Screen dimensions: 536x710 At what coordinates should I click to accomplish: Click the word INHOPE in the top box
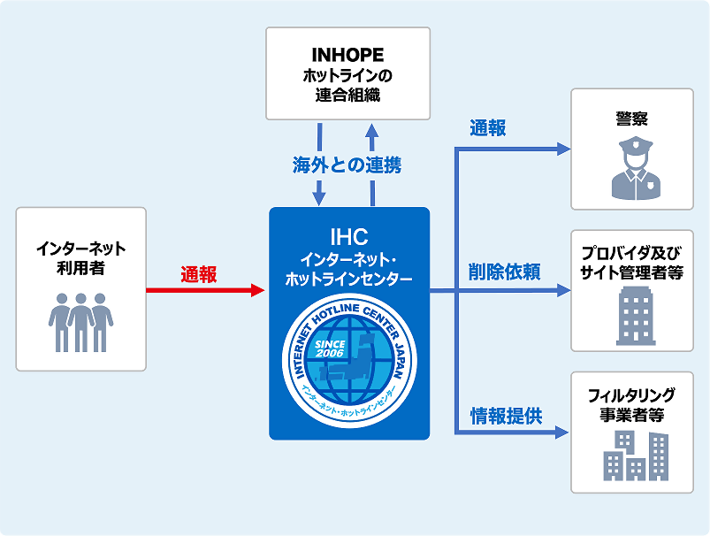347,56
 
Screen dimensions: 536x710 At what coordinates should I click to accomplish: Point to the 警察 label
631,117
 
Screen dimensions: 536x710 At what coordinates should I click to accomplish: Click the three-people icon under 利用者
80,322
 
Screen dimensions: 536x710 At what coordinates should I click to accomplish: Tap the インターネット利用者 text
80,257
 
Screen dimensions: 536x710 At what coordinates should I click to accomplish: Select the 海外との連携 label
347,165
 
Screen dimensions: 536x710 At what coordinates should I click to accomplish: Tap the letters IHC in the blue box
348,236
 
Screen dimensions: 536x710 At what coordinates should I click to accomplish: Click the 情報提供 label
506,416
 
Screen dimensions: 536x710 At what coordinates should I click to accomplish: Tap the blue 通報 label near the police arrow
488,128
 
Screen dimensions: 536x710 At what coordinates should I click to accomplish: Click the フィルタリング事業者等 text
631,405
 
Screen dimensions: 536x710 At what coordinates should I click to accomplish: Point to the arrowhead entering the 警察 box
564,149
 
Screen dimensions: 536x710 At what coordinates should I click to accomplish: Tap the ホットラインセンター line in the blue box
348,279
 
